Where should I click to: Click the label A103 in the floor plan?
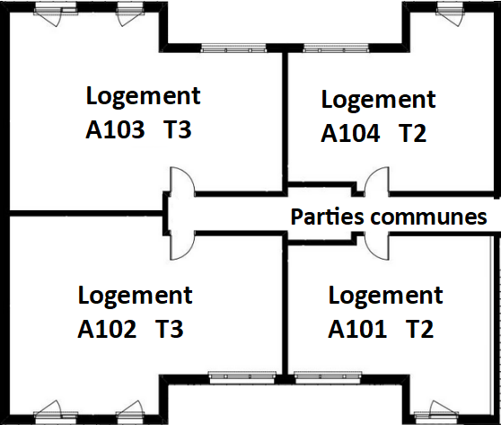(x=115, y=129)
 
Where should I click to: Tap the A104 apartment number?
(x=350, y=133)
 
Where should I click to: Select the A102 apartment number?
(x=107, y=329)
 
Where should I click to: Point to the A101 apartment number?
(x=357, y=329)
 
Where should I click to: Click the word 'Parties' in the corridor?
(x=327, y=217)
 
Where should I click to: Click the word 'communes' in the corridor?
(x=429, y=217)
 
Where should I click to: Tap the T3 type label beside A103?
(x=178, y=129)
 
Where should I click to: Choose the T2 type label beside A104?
(x=412, y=133)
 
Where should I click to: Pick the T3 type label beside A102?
(x=170, y=329)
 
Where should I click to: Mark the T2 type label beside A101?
(x=420, y=329)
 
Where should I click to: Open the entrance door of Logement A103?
(x=181, y=181)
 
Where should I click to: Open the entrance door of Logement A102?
(x=181, y=245)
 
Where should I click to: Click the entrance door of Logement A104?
(x=377, y=181)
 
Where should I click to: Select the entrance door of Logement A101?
(x=377, y=245)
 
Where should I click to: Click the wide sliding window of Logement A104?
(x=336, y=49)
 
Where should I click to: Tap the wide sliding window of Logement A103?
(x=233, y=49)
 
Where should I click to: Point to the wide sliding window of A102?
(x=242, y=377)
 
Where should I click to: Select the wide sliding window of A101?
(x=328, y=377)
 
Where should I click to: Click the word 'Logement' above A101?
(x=386, y=297)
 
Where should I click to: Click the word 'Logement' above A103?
(x=143, y=97)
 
